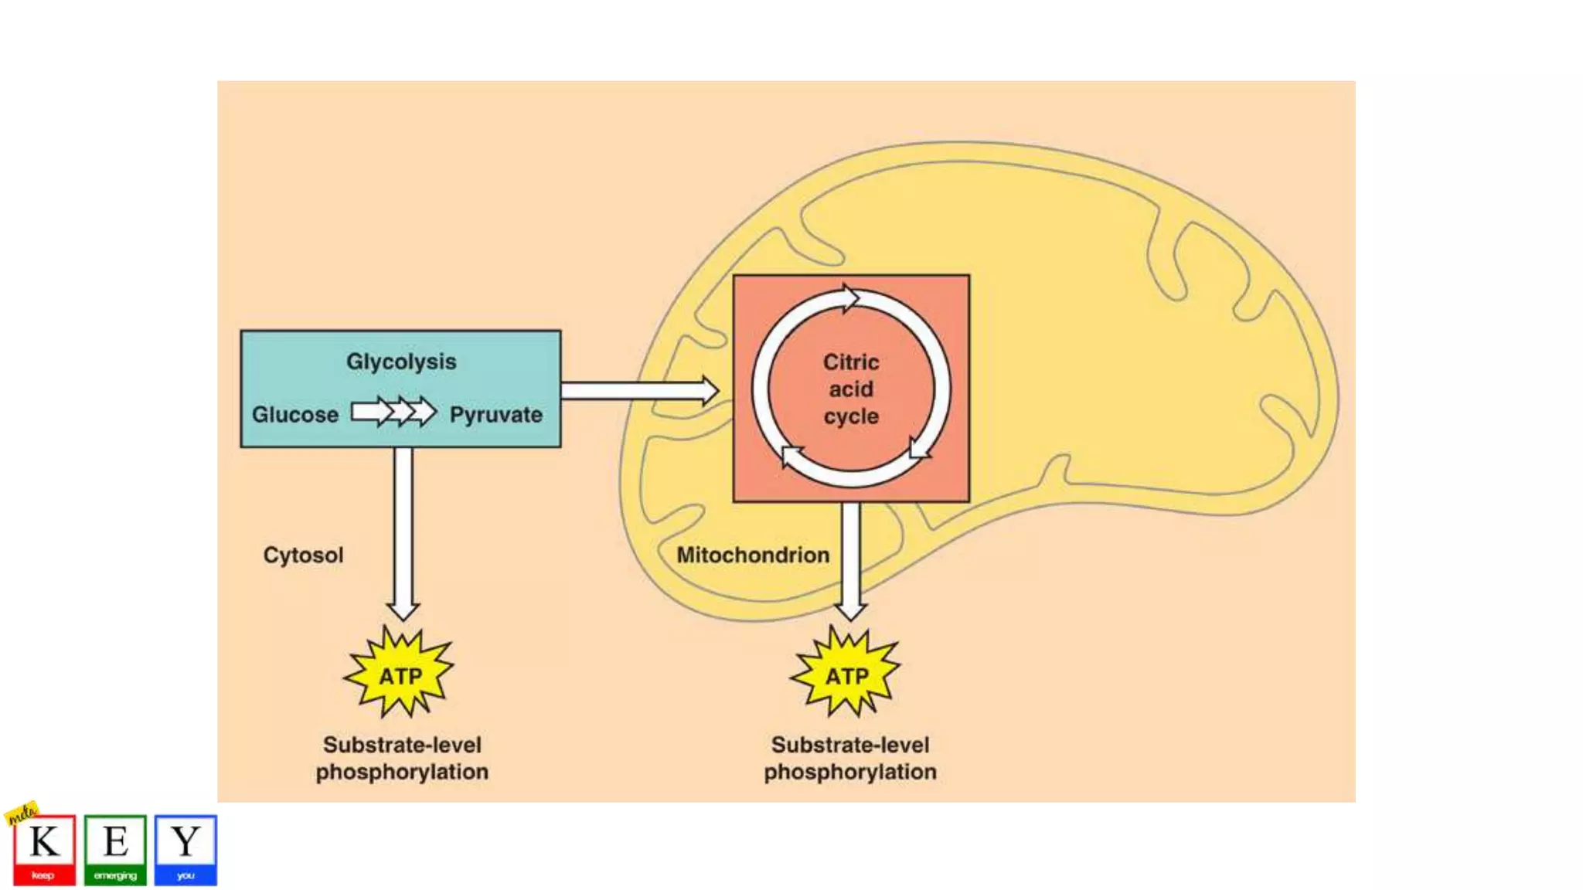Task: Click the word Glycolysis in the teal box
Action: pyautogui.click(x=401, y=362)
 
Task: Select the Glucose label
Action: pyautogui.click(x=295, y=415)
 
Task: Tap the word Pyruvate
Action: pyautogui.click(x=496, y=415)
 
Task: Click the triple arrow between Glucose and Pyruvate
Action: pyautogui.click(x=394, y=412)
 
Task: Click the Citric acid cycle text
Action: pyautogui.click(x=851, y=389)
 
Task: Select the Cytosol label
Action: pyautogui.click(x=303, y=555)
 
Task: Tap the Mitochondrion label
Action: pyautogui.click(x=753, y=555)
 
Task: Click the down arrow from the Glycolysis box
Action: pyautogui.click(x=403, y=533)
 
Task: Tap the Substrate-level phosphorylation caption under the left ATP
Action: pyautogui.click(x=402, y=758)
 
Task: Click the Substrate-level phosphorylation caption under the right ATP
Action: pyautogui.click(x=850, y=758)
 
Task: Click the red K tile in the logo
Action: pyautogui.click(x=44, y=849)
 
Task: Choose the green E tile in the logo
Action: pyautogui.click(x=115, y=849)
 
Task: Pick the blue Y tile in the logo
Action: pyautogui.click(x=186, y=849)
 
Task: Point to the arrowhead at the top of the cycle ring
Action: pyautogui.click(x=850, y=297)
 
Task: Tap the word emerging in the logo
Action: pyautogui.click(x=115, y=875)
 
